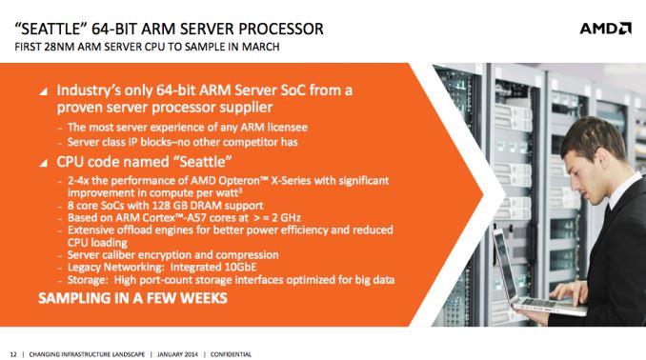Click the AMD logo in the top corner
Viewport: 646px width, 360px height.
pyautogui.click(x=605, y=28)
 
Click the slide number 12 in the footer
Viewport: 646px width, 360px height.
pyautogui.click(x=13, y=353)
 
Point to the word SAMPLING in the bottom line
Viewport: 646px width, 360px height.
pyautogui.click(x=74, y=299)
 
